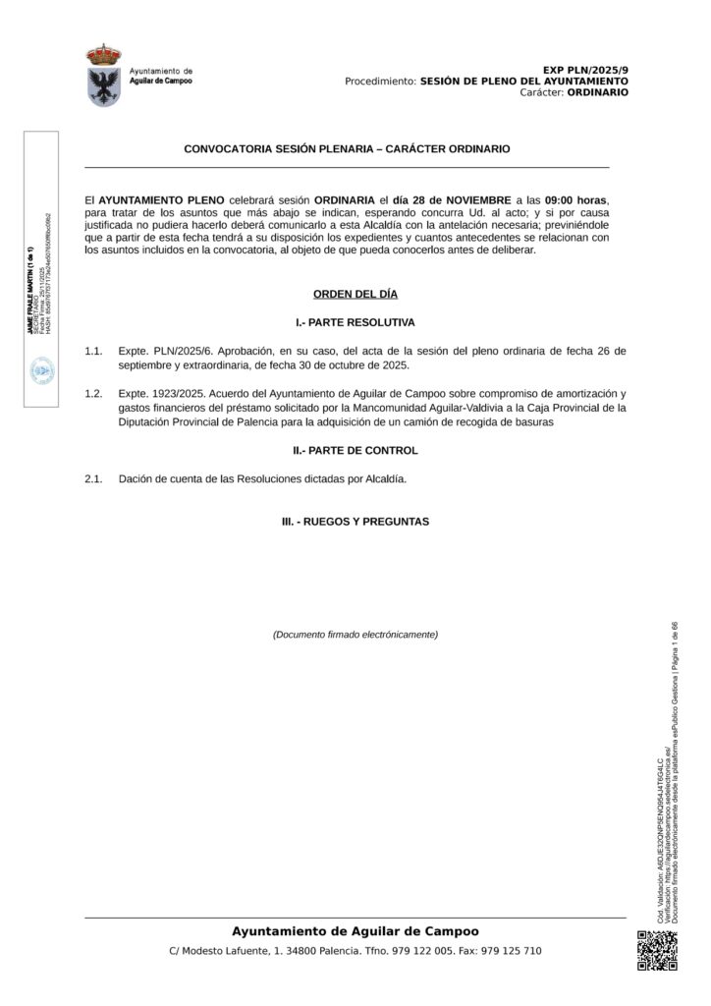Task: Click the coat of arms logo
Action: [x=103, y=75]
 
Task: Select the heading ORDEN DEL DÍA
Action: [x=355, y=294]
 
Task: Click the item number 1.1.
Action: [x=94, y=351]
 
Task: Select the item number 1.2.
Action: [x=94, y=394]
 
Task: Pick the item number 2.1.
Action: [x=94, y=478]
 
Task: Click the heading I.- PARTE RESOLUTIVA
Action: [x=355, y=322]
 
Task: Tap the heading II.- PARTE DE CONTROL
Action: [x=355, y=450]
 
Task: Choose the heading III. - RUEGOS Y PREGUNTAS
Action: [x=355, y=522]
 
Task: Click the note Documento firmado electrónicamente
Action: [x=355, y=635]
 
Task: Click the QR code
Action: [x=657, y=950]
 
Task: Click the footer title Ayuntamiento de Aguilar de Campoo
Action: [x=355, y=930]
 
